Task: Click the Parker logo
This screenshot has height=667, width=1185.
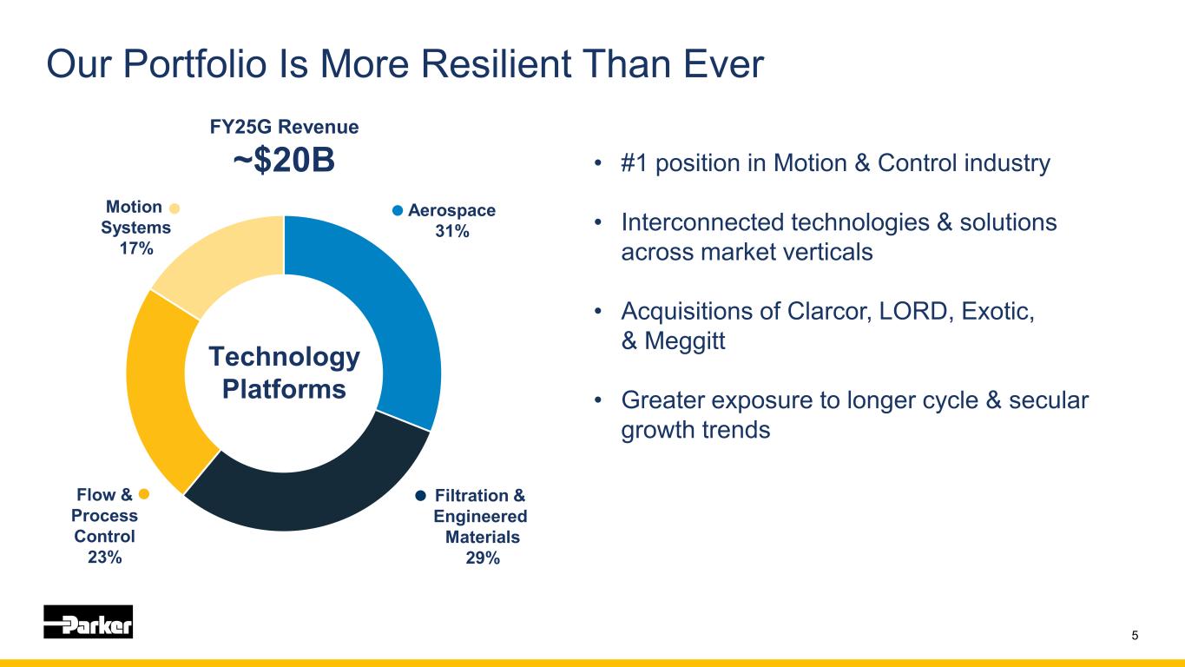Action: pyautogui.click(x=89, y=622)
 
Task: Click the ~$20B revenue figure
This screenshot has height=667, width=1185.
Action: pyautogui.click(x=284, y=162)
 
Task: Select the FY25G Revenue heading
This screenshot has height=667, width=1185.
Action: pyautogui.click(x=284, y=127)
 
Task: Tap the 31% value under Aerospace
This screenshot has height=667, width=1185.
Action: pyautogui.click(x=451, y=230)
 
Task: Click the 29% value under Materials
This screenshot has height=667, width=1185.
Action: pyautogui.click(x=483, y=558)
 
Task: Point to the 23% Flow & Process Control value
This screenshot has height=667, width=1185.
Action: pyautogui.click(x=104, y=558)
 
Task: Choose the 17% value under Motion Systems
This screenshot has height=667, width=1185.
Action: pyautogui.click(x=136, y=248)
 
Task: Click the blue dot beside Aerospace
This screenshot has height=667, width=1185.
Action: pyautogui.click(x=398, y=209)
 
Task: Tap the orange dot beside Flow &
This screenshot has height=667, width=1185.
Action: pyautogui.click(x=145, y=494)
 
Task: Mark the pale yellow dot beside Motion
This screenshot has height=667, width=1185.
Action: pyautogui.click(x=174, y=208)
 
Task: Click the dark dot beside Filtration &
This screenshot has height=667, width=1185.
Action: pyautogui.click(x=420, y=495)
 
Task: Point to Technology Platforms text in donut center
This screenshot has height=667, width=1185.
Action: pyautogui.click(x=284, y=373)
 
